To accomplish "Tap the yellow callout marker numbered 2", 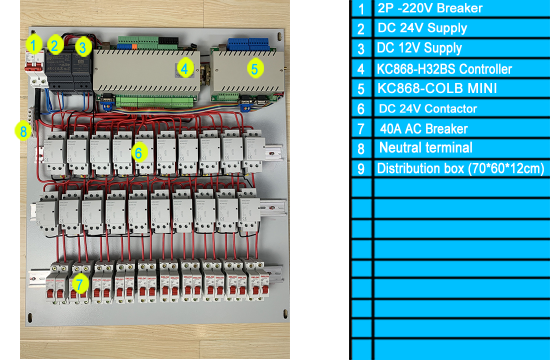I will (54, 45).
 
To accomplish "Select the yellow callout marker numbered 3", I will (83, 48).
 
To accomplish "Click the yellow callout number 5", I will (254, 68).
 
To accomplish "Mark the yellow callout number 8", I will (22, 132).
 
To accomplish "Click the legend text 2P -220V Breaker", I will (430, 8).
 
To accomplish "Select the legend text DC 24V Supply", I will (422, 28).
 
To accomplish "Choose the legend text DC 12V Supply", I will (419, 48).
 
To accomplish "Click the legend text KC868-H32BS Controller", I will (444, 68).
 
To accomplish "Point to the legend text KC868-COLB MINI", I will (437, 88).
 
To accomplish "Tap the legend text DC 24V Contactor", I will (428, 108).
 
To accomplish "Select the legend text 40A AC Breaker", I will (423, 128).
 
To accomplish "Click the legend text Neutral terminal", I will (425, 148).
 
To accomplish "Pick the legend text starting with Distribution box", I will (460, 168).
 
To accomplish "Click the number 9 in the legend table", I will (361, 169).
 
